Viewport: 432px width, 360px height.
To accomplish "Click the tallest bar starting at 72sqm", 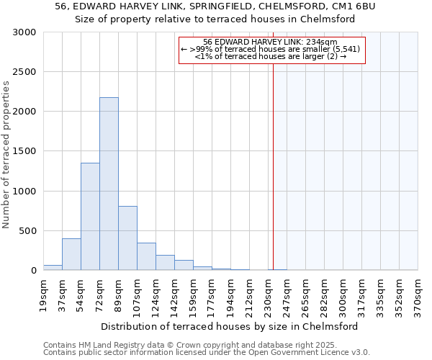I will point(109,184).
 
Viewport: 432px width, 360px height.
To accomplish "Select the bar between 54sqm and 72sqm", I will point(90,216).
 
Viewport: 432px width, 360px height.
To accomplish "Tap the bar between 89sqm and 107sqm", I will point(127,238).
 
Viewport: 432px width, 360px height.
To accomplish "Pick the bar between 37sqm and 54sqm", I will point(71,254).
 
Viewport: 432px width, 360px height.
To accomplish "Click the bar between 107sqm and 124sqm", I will point(146,256).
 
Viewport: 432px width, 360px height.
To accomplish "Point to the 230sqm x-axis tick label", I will point(268,295).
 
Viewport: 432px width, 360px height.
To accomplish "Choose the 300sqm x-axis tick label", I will point(343,295).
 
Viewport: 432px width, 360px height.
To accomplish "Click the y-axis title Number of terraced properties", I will point(6,155).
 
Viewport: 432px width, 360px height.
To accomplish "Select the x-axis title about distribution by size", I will point(230,326).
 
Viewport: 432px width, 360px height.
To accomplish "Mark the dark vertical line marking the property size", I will point(273,166).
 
